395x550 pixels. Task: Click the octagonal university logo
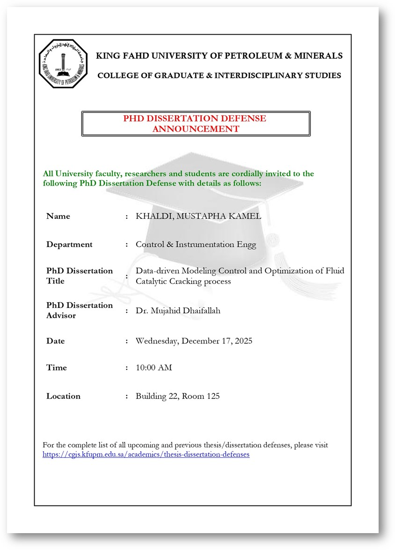tap(63, 64)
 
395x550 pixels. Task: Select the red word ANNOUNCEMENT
tap(196, 129)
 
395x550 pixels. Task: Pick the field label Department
tap(69, 245)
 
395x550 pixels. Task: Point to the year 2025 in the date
tap(242, 341)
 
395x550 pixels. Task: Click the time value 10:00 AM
tap(154, 368)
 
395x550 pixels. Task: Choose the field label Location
tap(63, 396)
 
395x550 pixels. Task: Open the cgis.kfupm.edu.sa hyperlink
tap(146, 454)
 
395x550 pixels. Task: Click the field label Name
tap(58, 216)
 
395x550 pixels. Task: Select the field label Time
tap(57, 368)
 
